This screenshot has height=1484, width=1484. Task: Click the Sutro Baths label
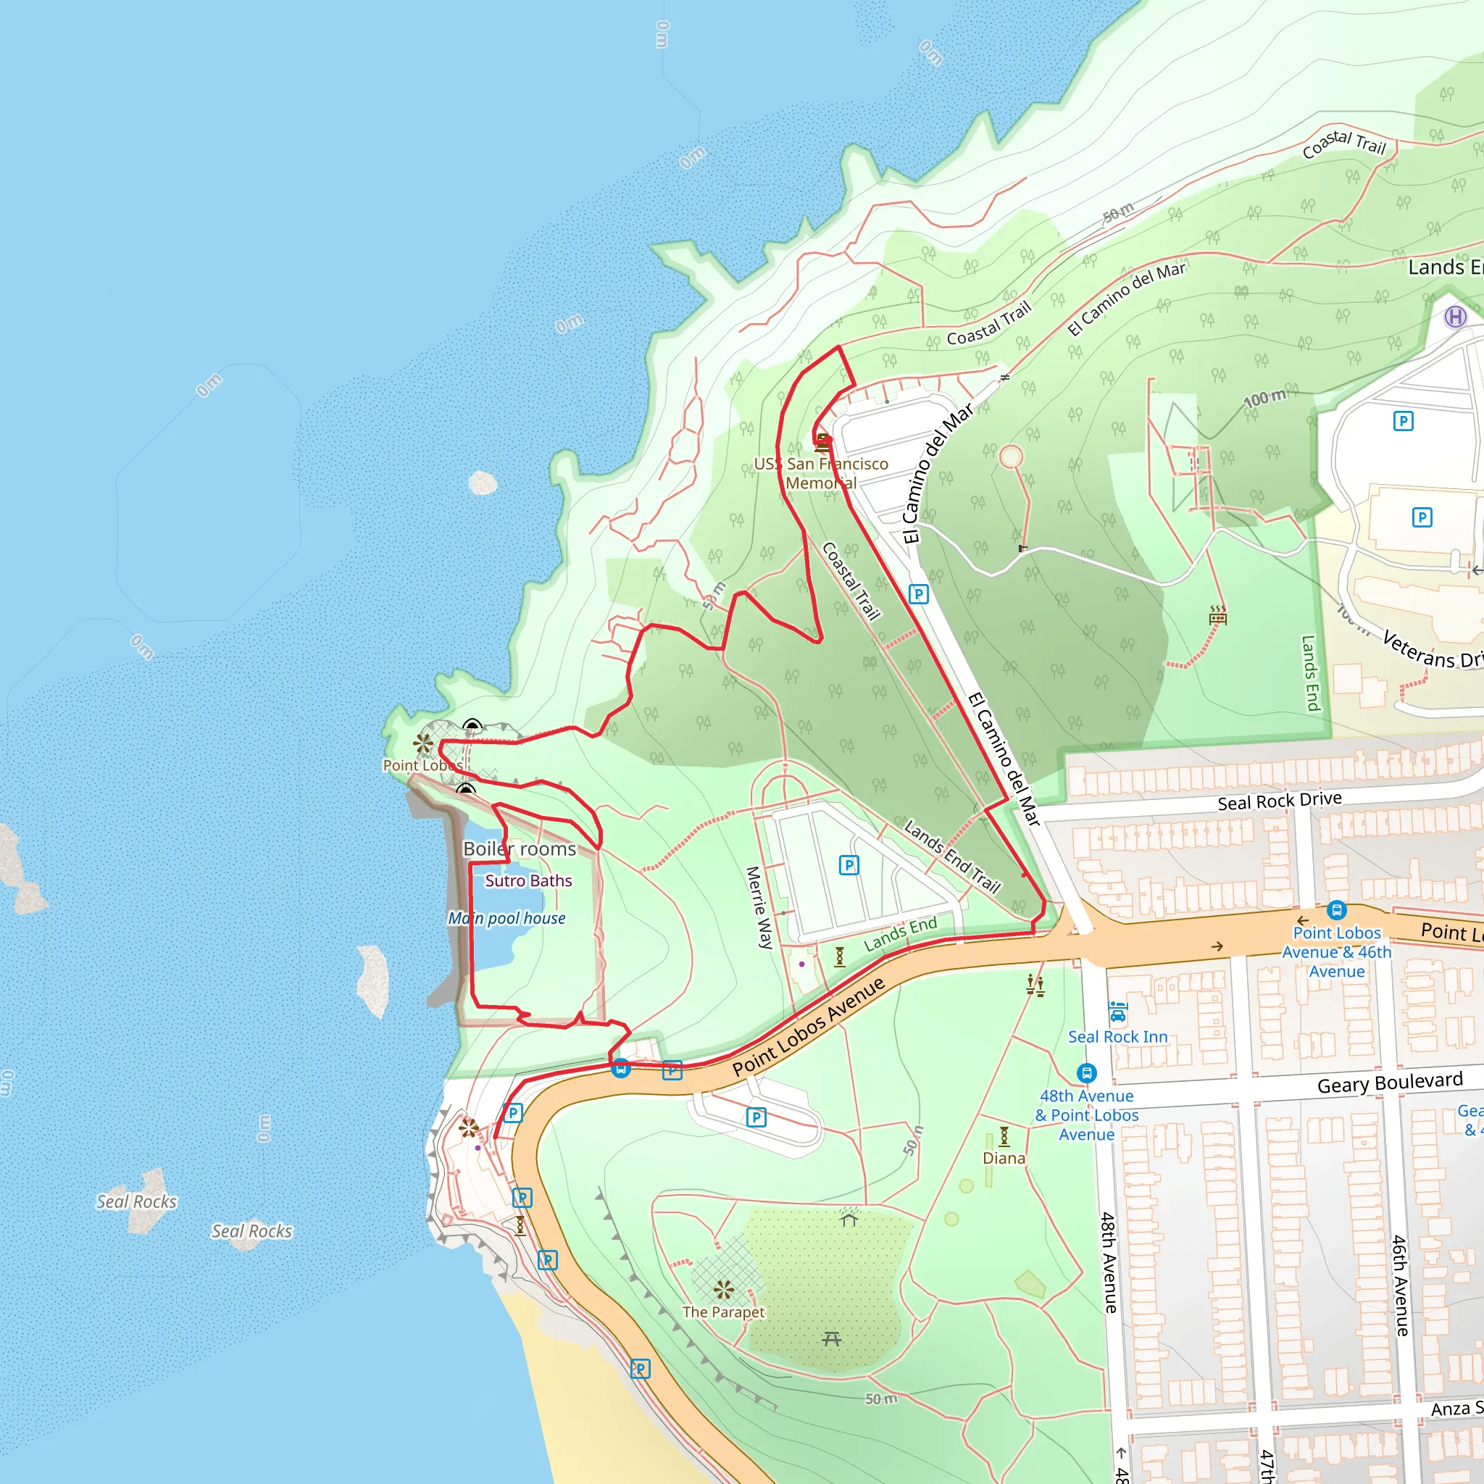click(528, 881)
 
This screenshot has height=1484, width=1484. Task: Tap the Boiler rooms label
click(520, 849)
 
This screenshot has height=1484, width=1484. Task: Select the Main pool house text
click(507, 918)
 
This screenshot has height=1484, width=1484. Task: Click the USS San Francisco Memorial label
click(821, 473)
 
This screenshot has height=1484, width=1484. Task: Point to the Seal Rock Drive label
click(1280, 801)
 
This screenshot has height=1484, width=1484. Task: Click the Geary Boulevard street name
click(1390, 1083)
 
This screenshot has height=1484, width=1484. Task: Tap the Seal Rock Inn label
click(1117, 1037)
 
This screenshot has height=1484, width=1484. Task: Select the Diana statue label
click(1004, 1159)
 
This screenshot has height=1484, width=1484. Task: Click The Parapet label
click(724, 1312)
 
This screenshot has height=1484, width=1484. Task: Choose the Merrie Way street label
click(759, 907)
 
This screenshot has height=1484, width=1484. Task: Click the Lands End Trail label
click(952, 856)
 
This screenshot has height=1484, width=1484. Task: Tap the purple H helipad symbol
click(1455, 317)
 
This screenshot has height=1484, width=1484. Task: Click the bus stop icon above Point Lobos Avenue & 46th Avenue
click(1336, 911)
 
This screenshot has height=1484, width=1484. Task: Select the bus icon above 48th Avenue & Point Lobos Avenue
click(1086, 1073)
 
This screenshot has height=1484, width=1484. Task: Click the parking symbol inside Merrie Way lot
click(849, 866)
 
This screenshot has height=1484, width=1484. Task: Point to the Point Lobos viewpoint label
click(422, 765)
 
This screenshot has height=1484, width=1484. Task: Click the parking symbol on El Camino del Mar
click(919, 593)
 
